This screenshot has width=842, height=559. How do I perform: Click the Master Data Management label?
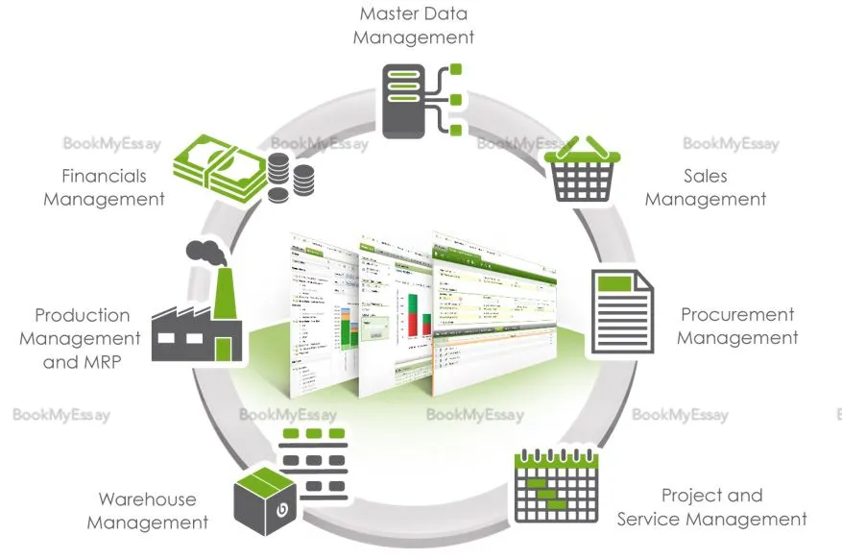pos(413,26)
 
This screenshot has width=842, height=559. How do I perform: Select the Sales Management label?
pos(705,187)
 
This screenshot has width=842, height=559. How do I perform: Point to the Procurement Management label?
pos(737,326)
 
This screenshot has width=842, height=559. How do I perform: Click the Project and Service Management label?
pos(711,507)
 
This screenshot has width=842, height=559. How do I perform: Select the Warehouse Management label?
pos(148,511)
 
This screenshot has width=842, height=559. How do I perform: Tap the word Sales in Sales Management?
pos(705,176)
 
